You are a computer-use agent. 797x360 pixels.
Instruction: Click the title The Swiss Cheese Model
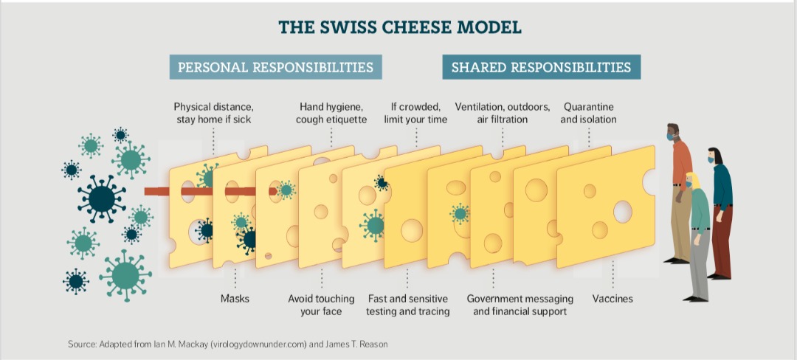click(x=399, y=27)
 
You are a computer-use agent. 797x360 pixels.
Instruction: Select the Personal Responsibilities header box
click(x=276, y=67)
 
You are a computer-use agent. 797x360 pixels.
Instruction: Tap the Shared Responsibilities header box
click(x=541, y=67)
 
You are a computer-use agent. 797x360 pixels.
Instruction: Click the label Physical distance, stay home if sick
click(x=213, y=113)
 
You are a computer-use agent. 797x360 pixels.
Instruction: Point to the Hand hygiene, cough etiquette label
click(x=331, y=113)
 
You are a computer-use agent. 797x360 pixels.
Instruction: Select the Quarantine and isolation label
click(x=589, y=113)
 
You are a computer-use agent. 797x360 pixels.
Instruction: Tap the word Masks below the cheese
click(x=235, y=299)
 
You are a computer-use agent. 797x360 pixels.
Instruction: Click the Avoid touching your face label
click(x=321, y=305)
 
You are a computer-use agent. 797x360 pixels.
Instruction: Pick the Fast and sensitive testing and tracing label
click(x=408, y=305)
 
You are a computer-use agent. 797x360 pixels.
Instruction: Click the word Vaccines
click(x=613, y=299)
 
